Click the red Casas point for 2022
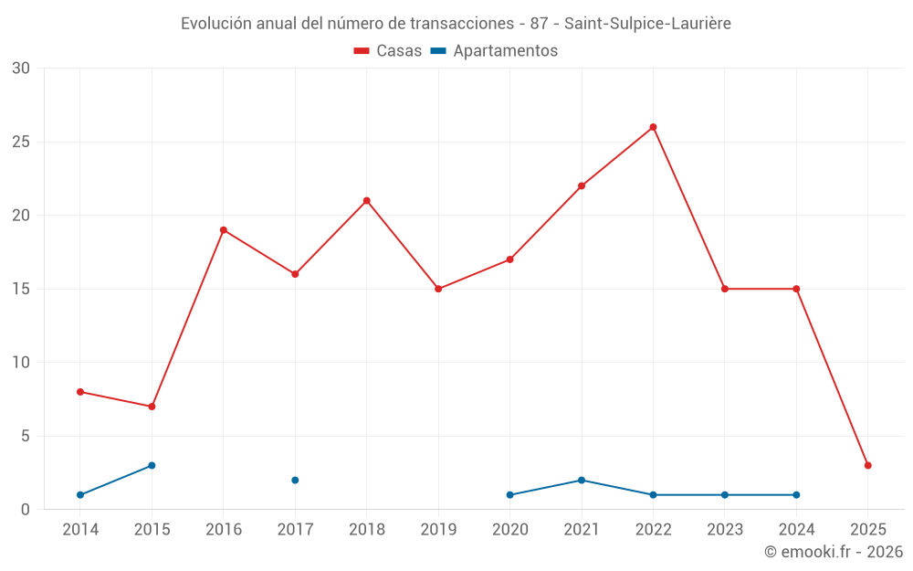(653, 127)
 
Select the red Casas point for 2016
(224, 230)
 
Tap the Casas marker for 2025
(867, 465)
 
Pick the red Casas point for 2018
(366, 201)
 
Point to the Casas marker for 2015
(152, 407)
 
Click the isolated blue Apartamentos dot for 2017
(295, 480)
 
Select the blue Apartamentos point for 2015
(152, 465)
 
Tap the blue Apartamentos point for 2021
(582, 480)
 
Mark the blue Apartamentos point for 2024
(796, 494)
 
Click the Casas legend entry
(388, 51)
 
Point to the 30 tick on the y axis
(21, 69)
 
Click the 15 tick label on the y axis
(21, 289)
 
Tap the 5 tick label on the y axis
(26, 436)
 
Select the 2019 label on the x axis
(438, 529)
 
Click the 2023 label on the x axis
(725, 529)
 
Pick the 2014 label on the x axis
(80, 529)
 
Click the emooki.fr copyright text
(834, 552)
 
